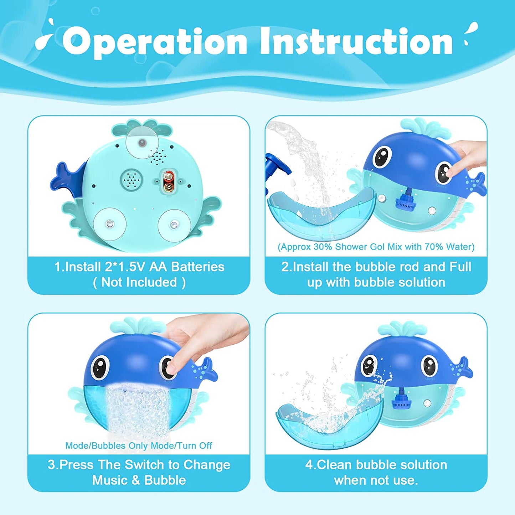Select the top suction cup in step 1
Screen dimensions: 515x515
pyautogui.click(x=142, y=143)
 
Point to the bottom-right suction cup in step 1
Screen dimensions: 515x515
pyautogui.click(x=174, y=225)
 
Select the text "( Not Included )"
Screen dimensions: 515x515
pyautogui.click(x=139, y=282)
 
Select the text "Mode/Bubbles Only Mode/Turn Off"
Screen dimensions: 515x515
pyautogui.click(x=138, y=446)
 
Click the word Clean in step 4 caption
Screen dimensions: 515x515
pyautogui.click(x=335, y=465)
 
